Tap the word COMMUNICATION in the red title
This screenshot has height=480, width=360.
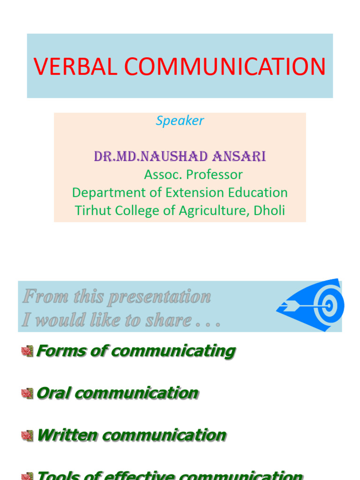tap(225, 67)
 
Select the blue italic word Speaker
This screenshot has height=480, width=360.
tap(180, 120)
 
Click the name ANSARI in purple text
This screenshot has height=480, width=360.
tap(239, 157)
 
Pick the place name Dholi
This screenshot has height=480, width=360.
tap(269, 210)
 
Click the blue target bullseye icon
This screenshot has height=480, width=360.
tap(329, 306)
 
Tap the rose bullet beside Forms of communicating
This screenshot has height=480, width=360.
tap(27, 351)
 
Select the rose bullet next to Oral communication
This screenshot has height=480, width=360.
tap(27, 393)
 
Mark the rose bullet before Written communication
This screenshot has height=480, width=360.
tap(27, 435)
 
